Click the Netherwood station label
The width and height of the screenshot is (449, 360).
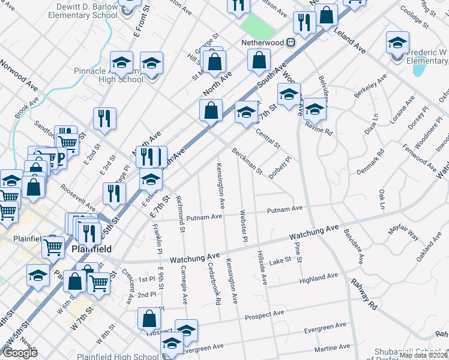tap(262, 43)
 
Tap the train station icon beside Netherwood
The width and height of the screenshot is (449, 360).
tap(290, 43)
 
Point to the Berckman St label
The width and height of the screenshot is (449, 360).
tap(247, 161)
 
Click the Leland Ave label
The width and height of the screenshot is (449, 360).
tap(350, 39)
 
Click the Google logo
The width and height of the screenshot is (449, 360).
tap(20, 353)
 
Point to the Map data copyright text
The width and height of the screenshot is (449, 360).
tap(423, 355)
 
